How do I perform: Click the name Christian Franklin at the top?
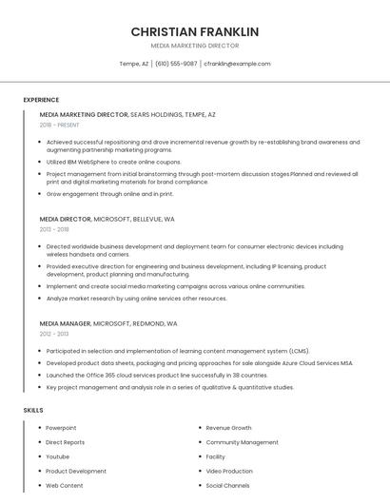coord(194,31)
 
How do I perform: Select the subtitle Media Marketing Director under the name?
coord(194,46)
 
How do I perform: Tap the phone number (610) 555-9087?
coord(176,64)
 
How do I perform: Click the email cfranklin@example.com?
coord(237,64)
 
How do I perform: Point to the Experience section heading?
coord(41,100)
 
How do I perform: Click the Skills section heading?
coord(33,410)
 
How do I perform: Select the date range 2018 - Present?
coord(60,125)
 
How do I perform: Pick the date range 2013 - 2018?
coord(54,229)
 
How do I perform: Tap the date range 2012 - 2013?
coord(54,334)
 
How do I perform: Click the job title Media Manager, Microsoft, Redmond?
coord(108,323)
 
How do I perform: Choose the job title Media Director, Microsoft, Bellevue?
coord(107,219)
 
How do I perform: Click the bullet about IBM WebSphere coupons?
coord(113,163)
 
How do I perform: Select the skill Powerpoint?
coord(61,428)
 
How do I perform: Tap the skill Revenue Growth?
coord(228,428)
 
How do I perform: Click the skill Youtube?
coord(58,456)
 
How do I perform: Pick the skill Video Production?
coord(229,471)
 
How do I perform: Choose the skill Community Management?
coord(242,442)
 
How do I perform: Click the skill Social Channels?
coord(227,485)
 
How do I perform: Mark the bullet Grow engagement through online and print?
coord(109,194)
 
